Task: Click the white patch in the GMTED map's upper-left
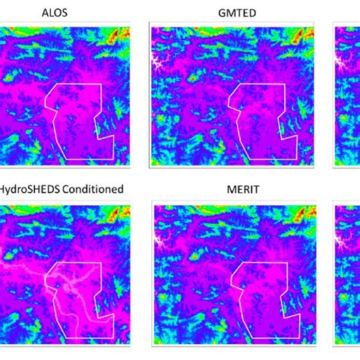click(162, 60)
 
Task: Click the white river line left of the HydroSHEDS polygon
click(23, 267)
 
